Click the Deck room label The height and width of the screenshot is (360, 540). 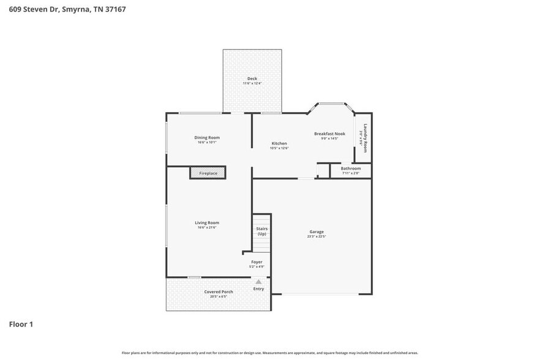pos(252,78)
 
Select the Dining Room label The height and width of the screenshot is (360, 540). pos(207,138)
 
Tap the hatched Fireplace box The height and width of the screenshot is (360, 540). pos(208,173)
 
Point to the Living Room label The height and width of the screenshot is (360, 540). pos(207,223)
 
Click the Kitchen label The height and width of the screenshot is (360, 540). pos(279,143)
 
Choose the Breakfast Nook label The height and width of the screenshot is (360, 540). pos(329,133)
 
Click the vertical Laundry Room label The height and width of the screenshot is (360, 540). pos(366,138)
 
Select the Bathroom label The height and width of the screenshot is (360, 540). pos(351,168)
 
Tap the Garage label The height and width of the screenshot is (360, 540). pos(317,232)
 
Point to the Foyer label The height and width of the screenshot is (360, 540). pos(257,262)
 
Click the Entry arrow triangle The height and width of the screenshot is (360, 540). pos(258,282)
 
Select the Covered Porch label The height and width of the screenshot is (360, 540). pos(219,292)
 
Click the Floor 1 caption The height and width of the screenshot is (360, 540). pos(21,324)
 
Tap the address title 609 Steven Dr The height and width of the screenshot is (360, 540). pos(67,10)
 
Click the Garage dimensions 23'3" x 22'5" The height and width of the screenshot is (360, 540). pos(317,237)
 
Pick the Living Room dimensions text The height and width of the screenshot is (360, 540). pos(207,228)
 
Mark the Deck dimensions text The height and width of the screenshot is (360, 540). pos(252,83)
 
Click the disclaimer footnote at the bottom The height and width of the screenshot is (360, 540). pos(270,353)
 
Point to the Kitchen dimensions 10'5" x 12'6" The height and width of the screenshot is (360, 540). pos(279,148)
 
